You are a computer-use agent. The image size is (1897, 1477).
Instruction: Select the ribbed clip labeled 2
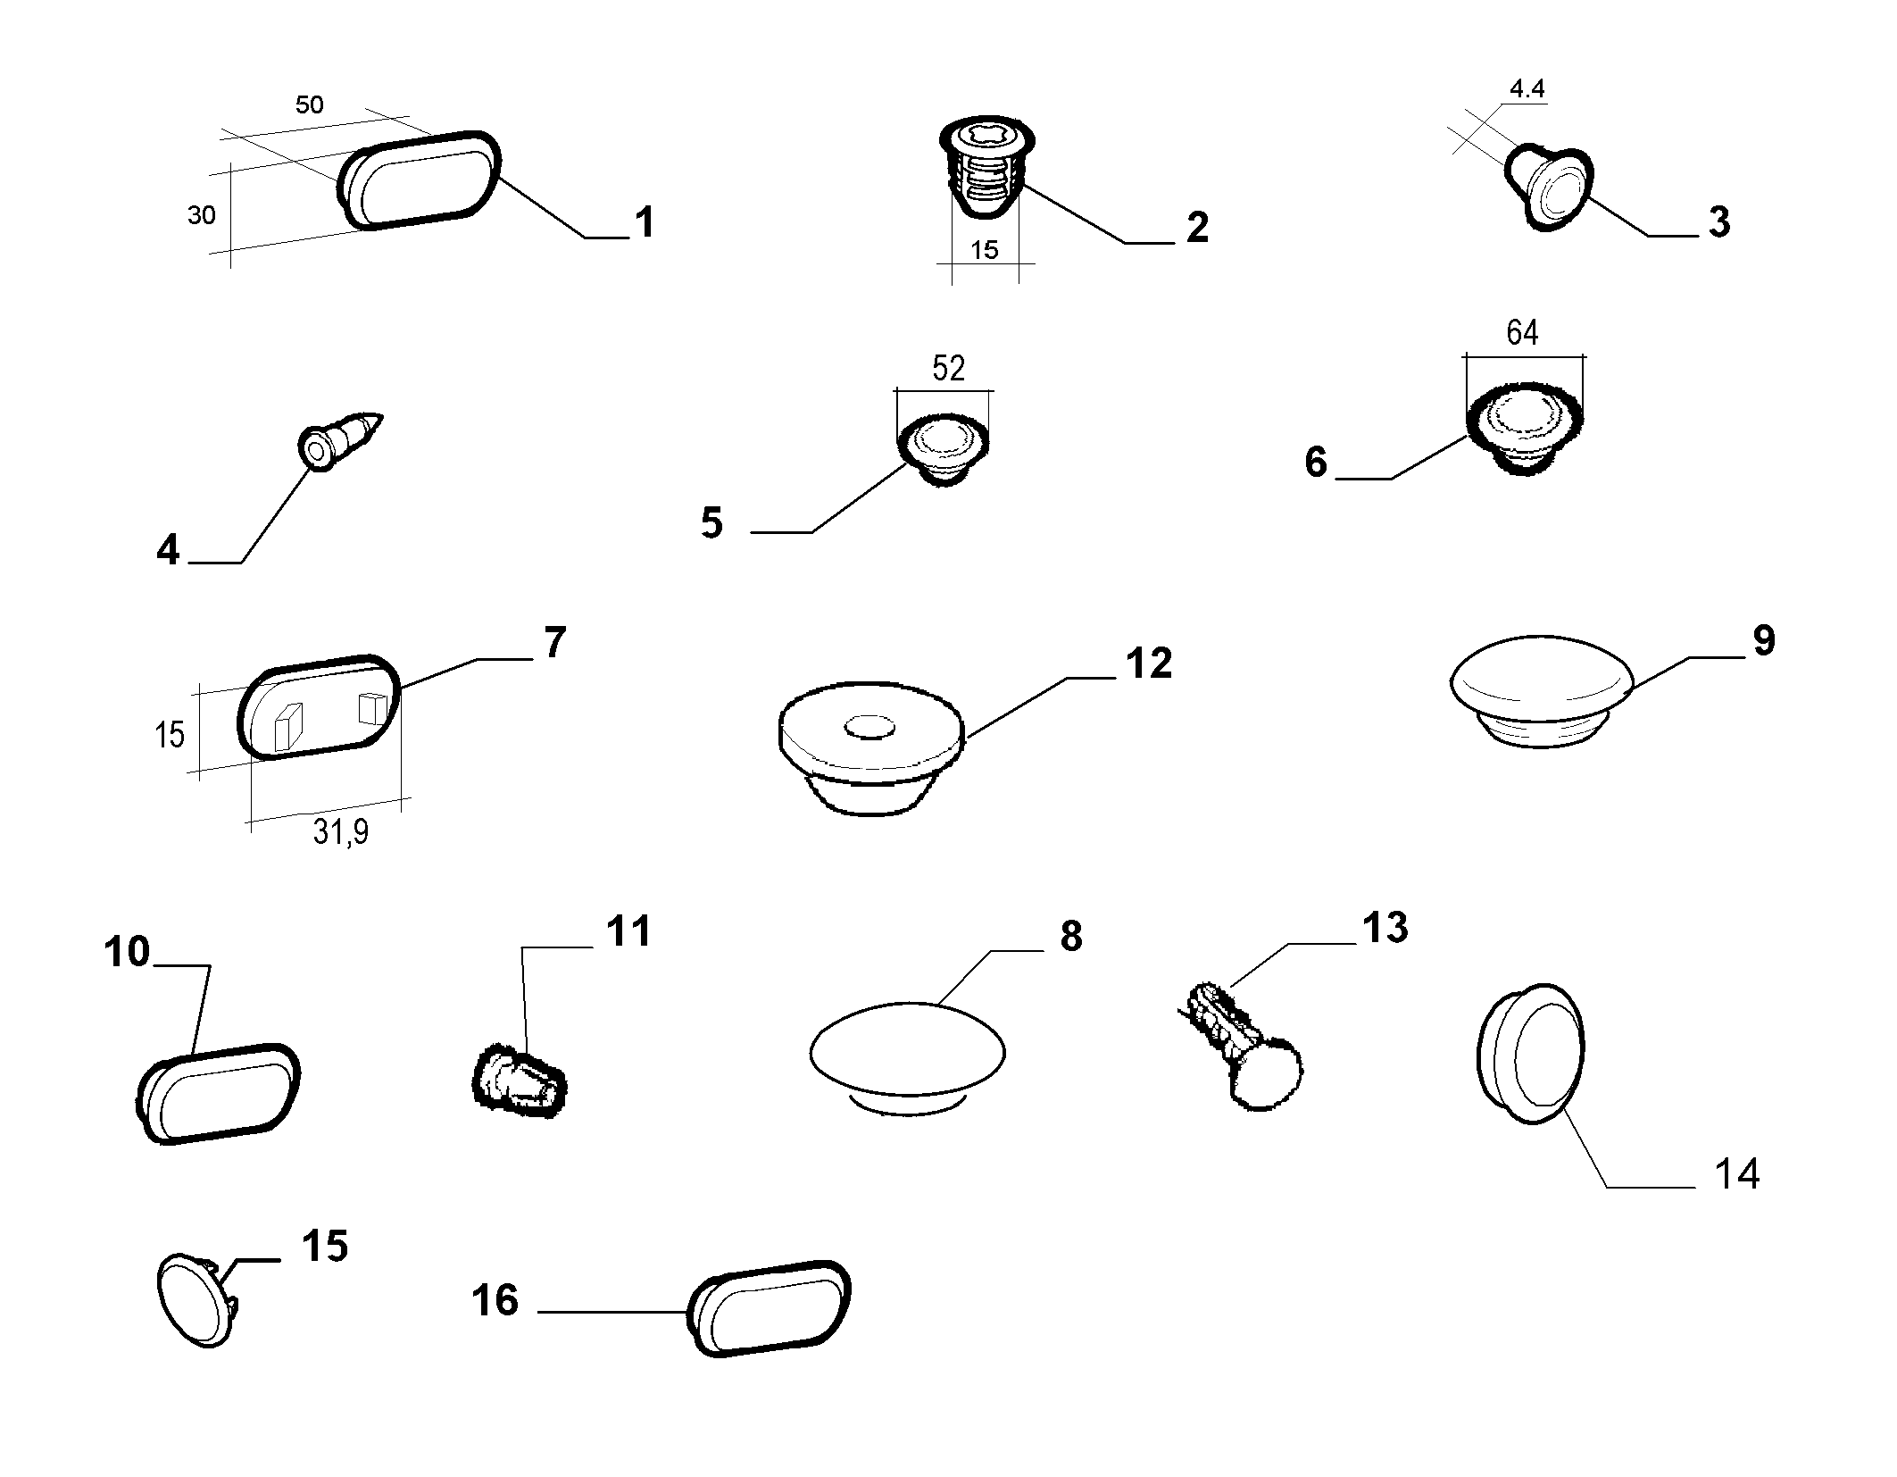tap(986, 166)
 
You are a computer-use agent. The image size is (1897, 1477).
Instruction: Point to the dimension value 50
tap(309, 104)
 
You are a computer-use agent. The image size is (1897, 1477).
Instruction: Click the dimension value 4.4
tap(1527, 88)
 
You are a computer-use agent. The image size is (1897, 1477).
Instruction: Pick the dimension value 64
tap(1522, 333)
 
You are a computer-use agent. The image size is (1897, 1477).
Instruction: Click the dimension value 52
tap(948, 368)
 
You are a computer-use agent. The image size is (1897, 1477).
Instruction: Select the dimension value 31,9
tap(341, 832)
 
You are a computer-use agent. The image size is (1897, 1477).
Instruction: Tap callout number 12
tap(1148, 663)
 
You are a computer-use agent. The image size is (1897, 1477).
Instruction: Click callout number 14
tap(1736, 1173)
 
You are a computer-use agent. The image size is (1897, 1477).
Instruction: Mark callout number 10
tap(127, 952)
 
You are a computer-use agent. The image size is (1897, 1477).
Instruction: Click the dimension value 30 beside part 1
tap(201, 215)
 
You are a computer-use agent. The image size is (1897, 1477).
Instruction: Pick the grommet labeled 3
tap(1549, 188)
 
